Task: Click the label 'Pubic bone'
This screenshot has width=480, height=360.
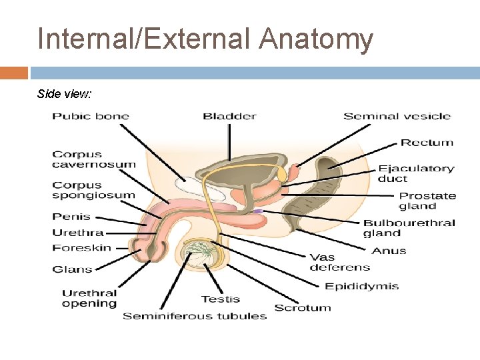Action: (91, 116)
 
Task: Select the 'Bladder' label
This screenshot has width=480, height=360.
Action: (229, 116)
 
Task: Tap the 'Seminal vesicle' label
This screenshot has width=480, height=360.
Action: (397, 116)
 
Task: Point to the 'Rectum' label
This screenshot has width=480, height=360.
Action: (427, 143)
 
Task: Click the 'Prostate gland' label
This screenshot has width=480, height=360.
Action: (427, 201)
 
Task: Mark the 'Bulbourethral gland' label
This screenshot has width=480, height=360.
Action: (409, 228)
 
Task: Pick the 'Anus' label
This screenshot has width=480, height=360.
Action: (389, 251)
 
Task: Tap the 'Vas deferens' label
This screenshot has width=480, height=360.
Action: (339, 262)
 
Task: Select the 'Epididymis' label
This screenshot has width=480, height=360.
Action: (361, 287)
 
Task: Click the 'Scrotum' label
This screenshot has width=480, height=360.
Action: (303, 308)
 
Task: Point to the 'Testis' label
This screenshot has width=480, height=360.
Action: (221, 299)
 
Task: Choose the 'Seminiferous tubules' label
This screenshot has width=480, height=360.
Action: (195, 316)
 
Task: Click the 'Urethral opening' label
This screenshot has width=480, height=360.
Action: (89, 298)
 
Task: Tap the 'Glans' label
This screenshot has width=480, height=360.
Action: (72, 269)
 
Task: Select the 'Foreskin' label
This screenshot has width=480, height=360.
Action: (82, 248)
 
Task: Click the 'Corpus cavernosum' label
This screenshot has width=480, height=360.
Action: (93, 159)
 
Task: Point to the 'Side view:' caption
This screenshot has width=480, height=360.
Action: (65, 94)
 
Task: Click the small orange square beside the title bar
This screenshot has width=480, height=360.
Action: (14, 73)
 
